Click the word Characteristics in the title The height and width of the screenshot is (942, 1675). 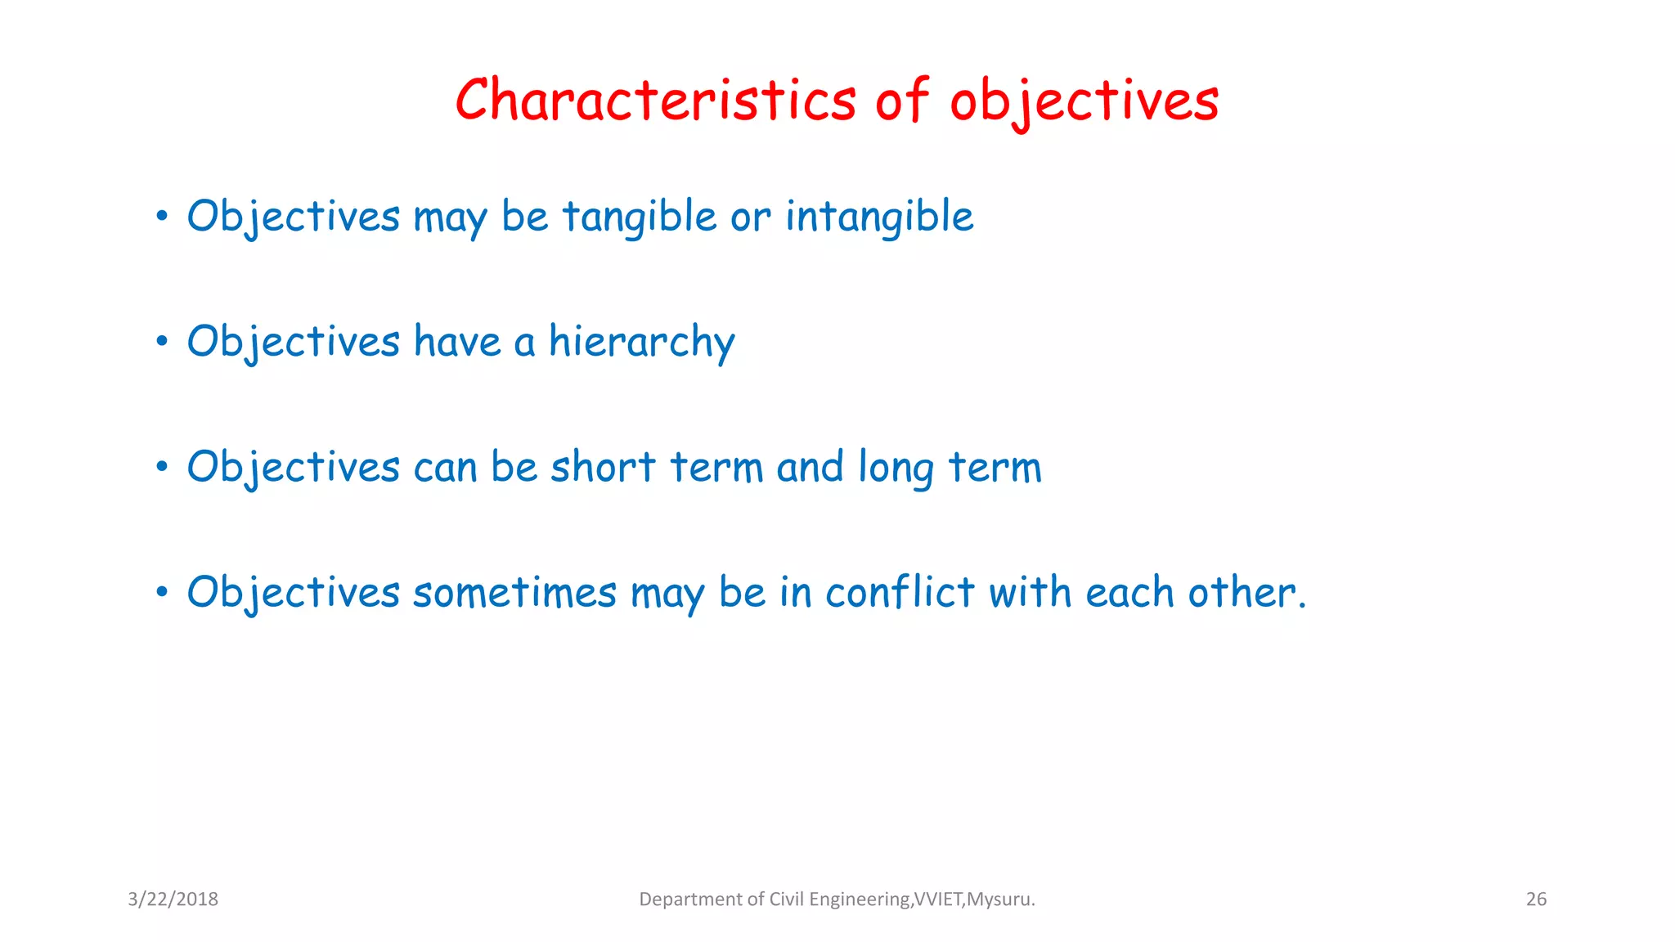click(655, 101)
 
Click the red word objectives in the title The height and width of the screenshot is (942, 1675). click(1084, 102)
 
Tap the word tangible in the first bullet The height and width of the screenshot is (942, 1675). click(639, 218)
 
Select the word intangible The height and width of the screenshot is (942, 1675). click(879, 218)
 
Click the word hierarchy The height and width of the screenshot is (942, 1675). click(641, 342)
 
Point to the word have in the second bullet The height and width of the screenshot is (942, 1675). click(456, 342)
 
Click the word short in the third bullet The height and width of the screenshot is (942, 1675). click(603, 468)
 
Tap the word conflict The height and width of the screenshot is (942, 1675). click(900, 593)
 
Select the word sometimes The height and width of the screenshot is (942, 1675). click(514, 593)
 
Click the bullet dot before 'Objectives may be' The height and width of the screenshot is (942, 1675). click(162, 218)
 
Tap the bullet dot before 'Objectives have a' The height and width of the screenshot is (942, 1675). click(162, 342)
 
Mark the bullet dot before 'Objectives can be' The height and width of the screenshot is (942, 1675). click(162, 468)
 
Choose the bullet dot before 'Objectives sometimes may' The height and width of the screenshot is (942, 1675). click(162, 593)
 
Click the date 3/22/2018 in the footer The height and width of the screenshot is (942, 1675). click(173, 899)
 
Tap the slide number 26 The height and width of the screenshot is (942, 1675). click(1536, 899)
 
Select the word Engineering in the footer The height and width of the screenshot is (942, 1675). click(859, 899)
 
